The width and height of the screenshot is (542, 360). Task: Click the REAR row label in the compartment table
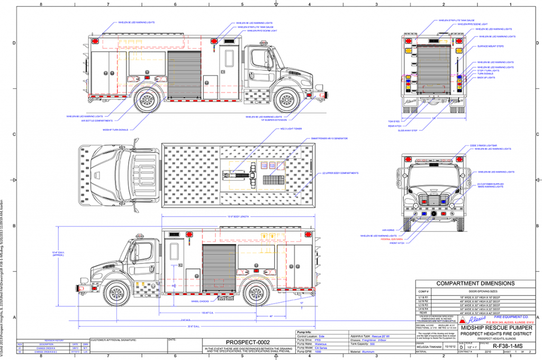(x=423, y=312)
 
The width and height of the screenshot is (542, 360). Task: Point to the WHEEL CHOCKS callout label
(x=194, y=301)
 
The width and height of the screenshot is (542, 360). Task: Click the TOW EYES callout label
(x=393, y=121)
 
